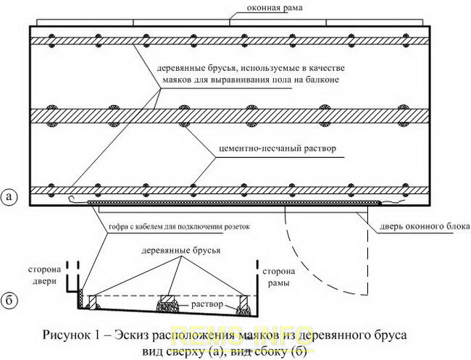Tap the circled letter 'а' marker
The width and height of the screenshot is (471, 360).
click(x=11, y=196)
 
